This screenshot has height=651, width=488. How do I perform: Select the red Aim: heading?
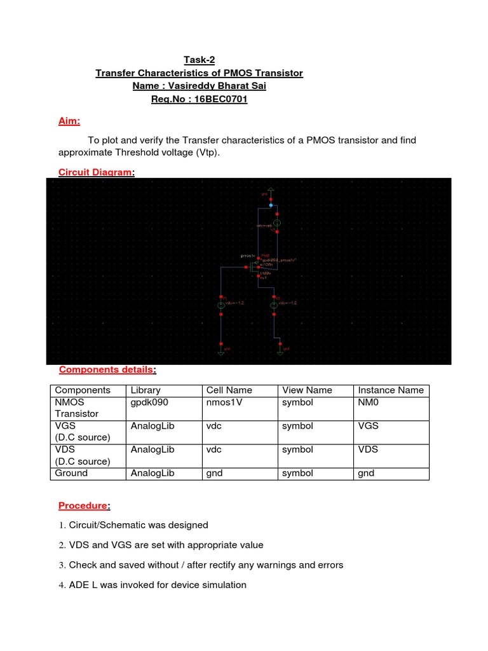pos(69,121)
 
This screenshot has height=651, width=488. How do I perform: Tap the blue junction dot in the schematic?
pos(271,206)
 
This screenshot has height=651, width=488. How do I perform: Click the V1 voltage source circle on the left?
pos(220,305)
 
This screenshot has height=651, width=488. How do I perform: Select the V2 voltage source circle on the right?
pos(273,305)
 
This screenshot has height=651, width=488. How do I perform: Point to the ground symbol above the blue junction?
pos(271,189)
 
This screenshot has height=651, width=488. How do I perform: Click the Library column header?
pos(146,390)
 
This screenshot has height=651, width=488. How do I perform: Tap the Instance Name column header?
pos(390,390)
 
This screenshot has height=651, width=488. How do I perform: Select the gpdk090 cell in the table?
pos(147,402)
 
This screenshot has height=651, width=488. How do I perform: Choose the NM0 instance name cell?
pos(367,402)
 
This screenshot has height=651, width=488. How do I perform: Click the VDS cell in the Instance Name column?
pos(368,449)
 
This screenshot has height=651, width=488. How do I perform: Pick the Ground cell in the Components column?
pos(71,473)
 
